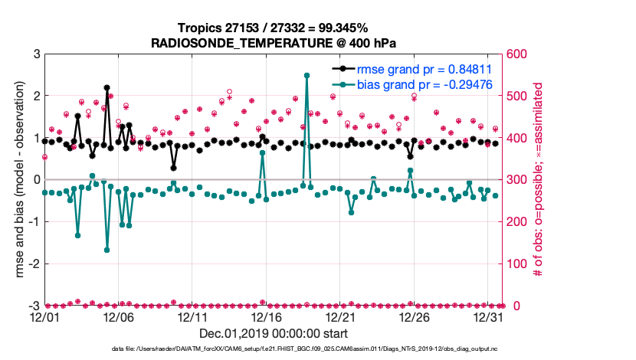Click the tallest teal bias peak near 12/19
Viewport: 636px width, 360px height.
(x=307, y=75)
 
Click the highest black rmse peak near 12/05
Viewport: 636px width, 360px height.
(x=107, y=88)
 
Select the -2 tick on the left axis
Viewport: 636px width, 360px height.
(x=33, y=264)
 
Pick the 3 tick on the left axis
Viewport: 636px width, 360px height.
(x=35, y=54)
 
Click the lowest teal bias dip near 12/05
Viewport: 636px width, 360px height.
(x=107, y=250)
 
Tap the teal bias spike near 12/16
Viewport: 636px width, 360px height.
(x=262, y=152)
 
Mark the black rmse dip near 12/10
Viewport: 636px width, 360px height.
(x=174, y=168)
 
